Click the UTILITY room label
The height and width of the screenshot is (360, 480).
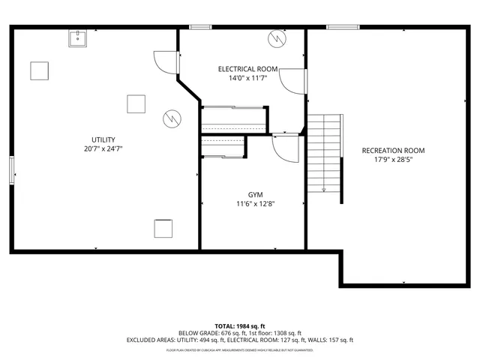pyautogui.click(x=103, y=139)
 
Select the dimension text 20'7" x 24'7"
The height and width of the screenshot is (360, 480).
pyautogui.click(x=103, y=149)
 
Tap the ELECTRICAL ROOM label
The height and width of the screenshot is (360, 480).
pyautogui.click(x=247, y=68)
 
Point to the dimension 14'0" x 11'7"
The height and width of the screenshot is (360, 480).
pyautogui.click(x=247, y=78)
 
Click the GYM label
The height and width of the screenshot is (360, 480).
pyautogui.click(x=255, y=194)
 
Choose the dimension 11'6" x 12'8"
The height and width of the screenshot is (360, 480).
pyautogui.click(x=255, y=204)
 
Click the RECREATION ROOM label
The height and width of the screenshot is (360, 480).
pyautogui.click(x=388, y=150)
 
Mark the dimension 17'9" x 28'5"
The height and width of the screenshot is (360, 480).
pyautogui.click(x=388, y=160)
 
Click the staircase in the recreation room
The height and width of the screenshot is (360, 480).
pyautogui.click(x=325, y=153)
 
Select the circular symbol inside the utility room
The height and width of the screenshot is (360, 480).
pyautogui.click(x=172, y=118)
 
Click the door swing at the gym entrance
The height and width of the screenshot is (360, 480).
pyautogui.click(x=284, y=148)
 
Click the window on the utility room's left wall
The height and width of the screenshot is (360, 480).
pyautogui.click(x=11, y=169)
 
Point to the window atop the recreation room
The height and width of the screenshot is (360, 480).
pyautogui.click(x=343, y=28)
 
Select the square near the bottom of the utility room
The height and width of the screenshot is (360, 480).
pyautogui.click(x=163, y=227)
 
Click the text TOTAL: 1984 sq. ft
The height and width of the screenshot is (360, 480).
pyautogui.click(x=239, y=326)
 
